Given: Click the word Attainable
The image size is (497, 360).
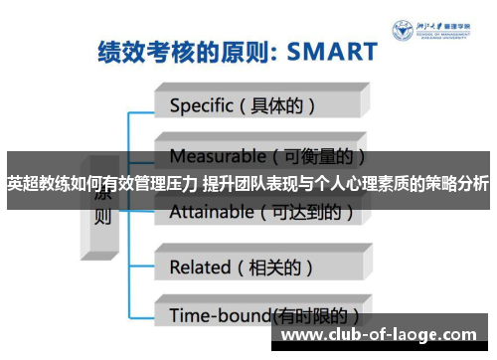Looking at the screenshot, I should coord(212,211).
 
